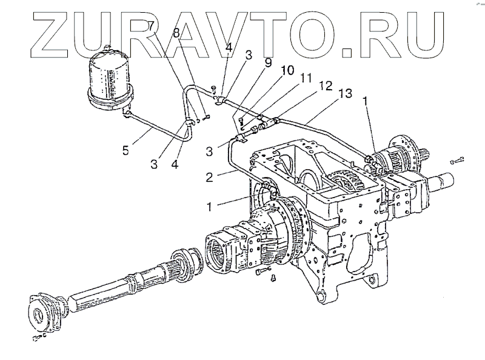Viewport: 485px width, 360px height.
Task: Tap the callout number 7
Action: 150,27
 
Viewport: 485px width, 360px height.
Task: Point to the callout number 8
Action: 176,34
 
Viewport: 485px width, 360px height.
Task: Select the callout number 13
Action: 345,94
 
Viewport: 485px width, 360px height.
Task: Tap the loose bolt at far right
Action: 458,161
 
